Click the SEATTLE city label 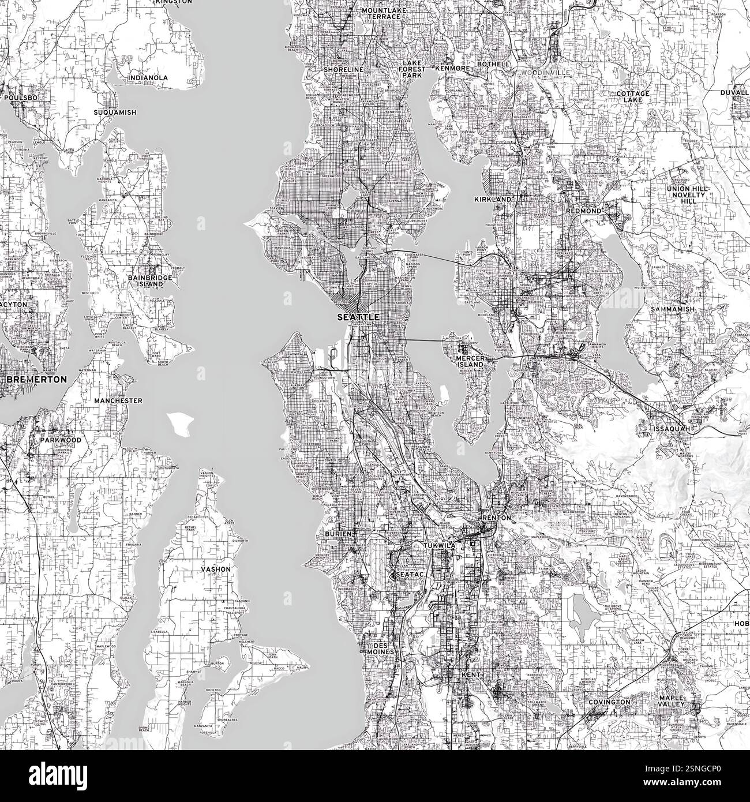pyautogui.click(x=358, y=317)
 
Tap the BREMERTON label pyautogui.click(x=36, y=380)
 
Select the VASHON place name pyautogui.click(x=215, y=569)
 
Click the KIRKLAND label pyautogui.click(x=493, y=199)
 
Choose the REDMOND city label pyautogui.click(x=583, y=211)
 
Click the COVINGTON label pyautogui.click(x=609, y=702)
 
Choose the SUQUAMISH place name pyautogui.click(x=116, y=113)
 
